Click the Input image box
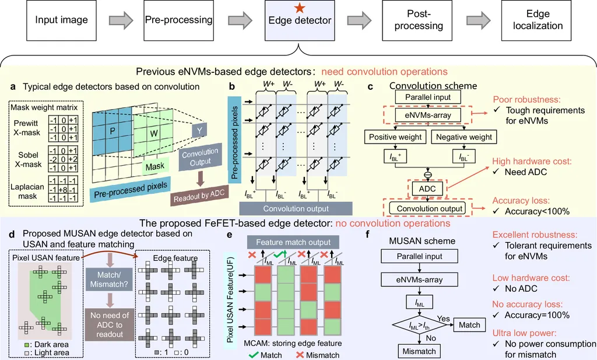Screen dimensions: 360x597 (x=61, y=20)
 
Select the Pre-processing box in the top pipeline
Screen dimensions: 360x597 (x=179, y=20)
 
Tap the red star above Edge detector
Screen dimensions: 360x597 (x=299, y=8)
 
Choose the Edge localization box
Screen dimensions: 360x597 (x=537, y=20)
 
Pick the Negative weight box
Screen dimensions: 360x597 (x=464, y=137)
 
